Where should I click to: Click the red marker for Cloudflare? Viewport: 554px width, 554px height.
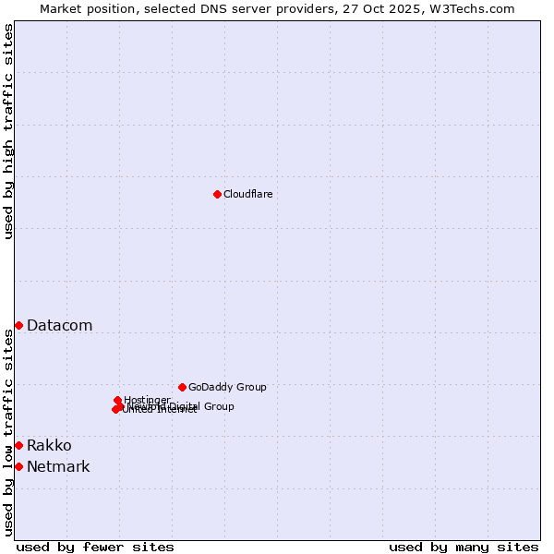(x=217, y=194)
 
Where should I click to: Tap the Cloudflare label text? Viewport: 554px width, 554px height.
(x=247, y=194)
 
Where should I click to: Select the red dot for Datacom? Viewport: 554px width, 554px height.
(x=18, y=325)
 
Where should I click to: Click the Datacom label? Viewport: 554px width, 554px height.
(x=59, y=325)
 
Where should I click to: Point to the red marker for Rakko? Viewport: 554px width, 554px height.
(x=18, y=445)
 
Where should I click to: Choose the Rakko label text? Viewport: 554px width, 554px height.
(x=49, y=446)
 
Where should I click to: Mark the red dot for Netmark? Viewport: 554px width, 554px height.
(x=18, y=466)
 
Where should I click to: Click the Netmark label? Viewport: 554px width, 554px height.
(x=58, y=467)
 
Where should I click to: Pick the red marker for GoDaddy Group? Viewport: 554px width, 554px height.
(x=182, y=387)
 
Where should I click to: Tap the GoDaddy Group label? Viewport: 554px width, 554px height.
(x=227, y=387)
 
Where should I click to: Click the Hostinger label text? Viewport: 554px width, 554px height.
(x=147, y=400)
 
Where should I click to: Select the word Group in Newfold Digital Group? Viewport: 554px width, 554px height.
(x=218, y=406)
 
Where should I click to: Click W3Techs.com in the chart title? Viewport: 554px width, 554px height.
(x=471, y=8)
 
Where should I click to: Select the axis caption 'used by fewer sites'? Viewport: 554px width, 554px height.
(x=95, y=548)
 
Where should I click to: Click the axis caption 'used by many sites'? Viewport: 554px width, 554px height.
(x=464, y=548)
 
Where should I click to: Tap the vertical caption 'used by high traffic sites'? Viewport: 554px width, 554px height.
(x=8, y=131)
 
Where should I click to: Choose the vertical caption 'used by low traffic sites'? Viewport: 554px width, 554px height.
(x=8, y=432)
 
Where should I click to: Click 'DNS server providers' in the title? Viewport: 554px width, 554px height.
(x=266, y=8)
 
